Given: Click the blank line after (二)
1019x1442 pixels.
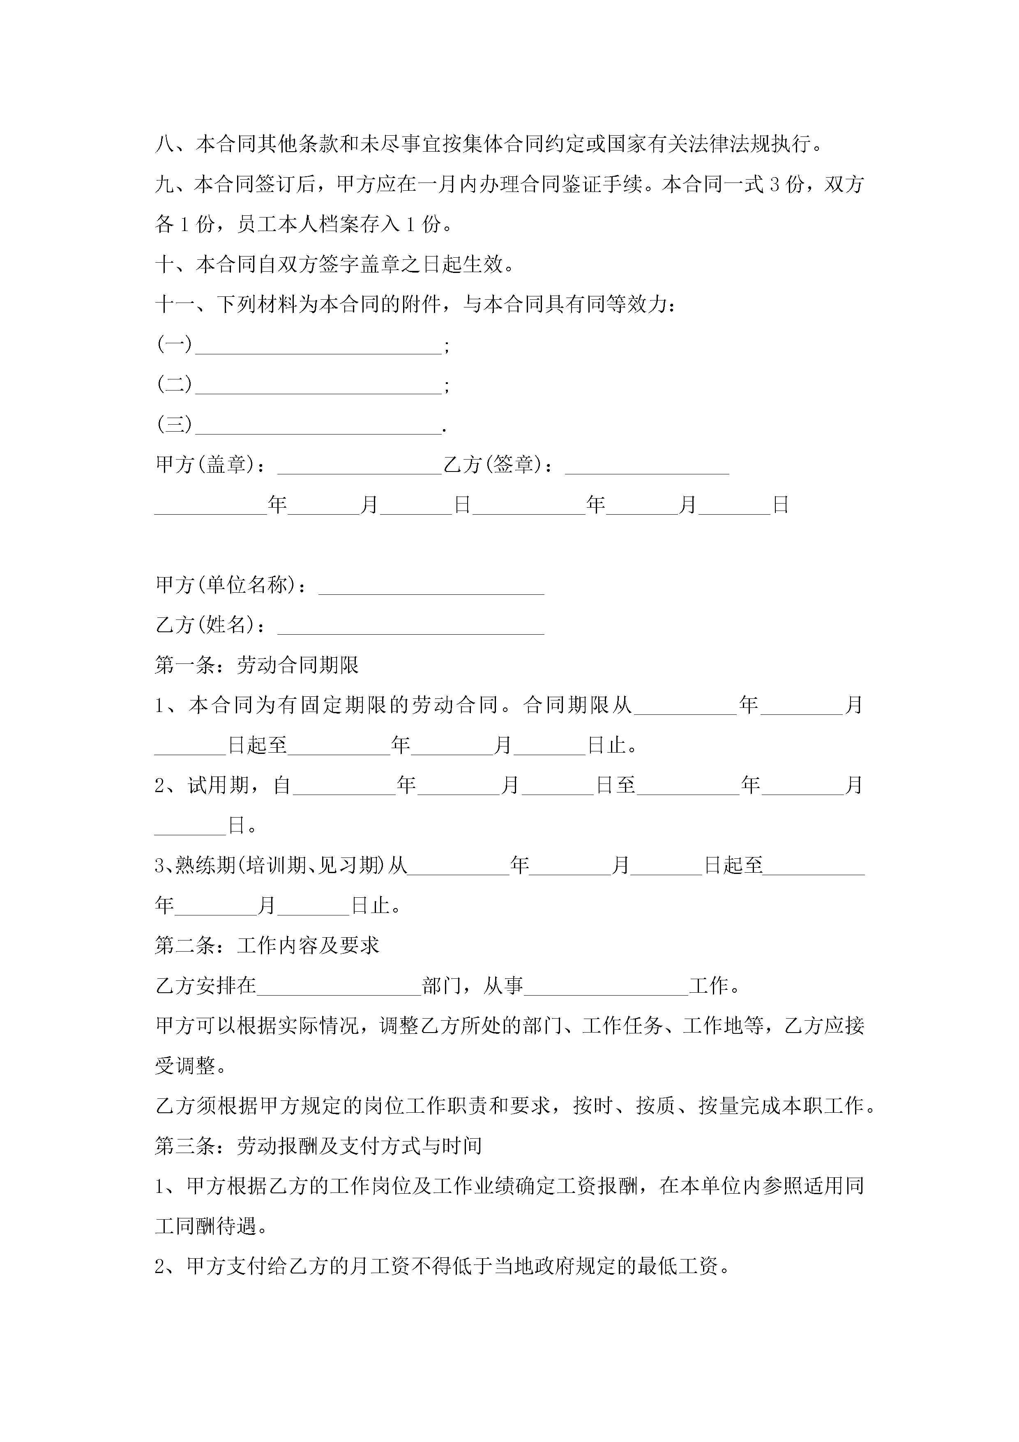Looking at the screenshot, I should [318, 386].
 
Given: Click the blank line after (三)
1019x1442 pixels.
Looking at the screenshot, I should [318, 426].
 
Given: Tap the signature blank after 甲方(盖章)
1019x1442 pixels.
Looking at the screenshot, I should [360, 466].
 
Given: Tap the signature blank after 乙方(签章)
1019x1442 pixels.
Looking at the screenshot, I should [647, 466].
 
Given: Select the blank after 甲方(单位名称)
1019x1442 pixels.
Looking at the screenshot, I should [431, 587].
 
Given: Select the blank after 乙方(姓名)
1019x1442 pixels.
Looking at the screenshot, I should [410, 627].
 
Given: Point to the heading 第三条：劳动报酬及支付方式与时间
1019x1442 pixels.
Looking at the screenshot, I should [318, 1146].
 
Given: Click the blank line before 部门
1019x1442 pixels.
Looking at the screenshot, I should [339, 987].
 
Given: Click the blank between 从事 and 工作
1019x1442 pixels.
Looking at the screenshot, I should [606, 987].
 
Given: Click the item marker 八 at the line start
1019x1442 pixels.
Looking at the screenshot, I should [165, 144].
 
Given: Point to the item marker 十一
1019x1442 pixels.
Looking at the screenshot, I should [175, 305].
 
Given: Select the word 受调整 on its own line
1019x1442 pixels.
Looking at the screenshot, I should [185, 1066].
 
